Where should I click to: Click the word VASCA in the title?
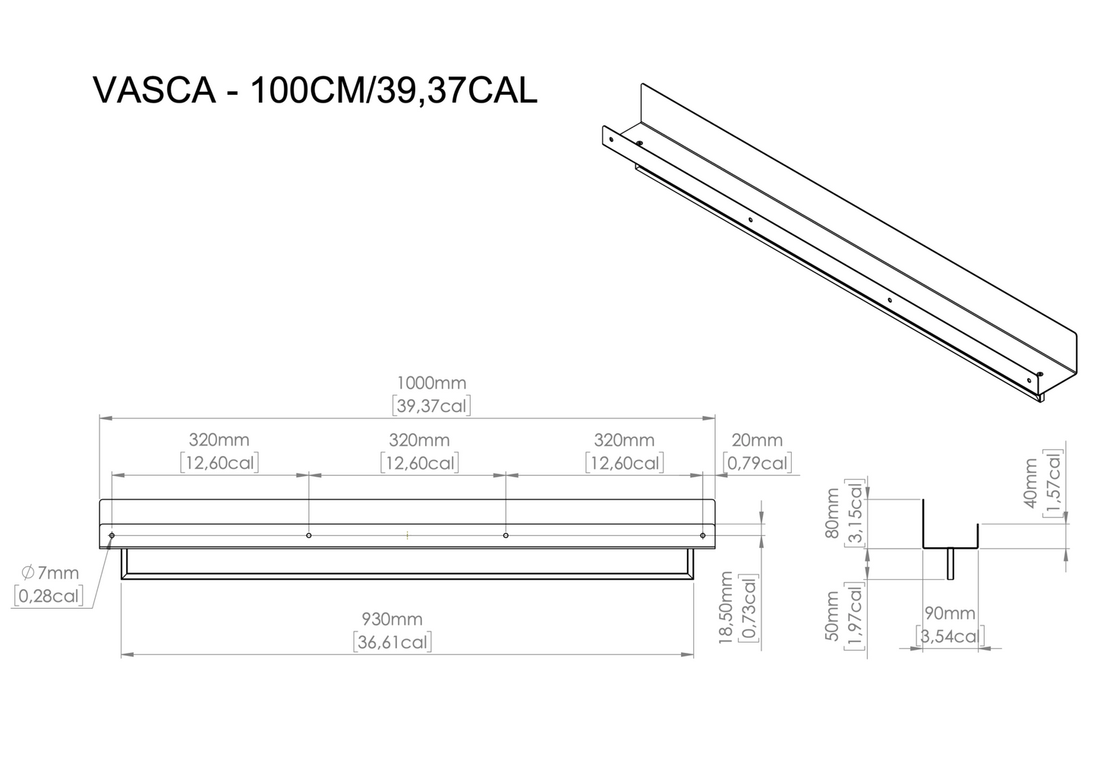click(x=154, y=90)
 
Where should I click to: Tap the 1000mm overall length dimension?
click(x=431, y=383)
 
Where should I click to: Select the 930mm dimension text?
click(x=392, y=619)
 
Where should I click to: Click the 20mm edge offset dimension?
click(x=757, y=440)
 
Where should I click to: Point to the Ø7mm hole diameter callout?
click(x=50, y=572)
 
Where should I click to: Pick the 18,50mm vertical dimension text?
click(x=726, y=607)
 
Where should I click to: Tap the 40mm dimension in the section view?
click(x=1030, y=484)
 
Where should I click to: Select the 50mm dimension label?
click(x=832, y=616)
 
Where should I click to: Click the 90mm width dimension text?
click(x=950, y=613)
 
